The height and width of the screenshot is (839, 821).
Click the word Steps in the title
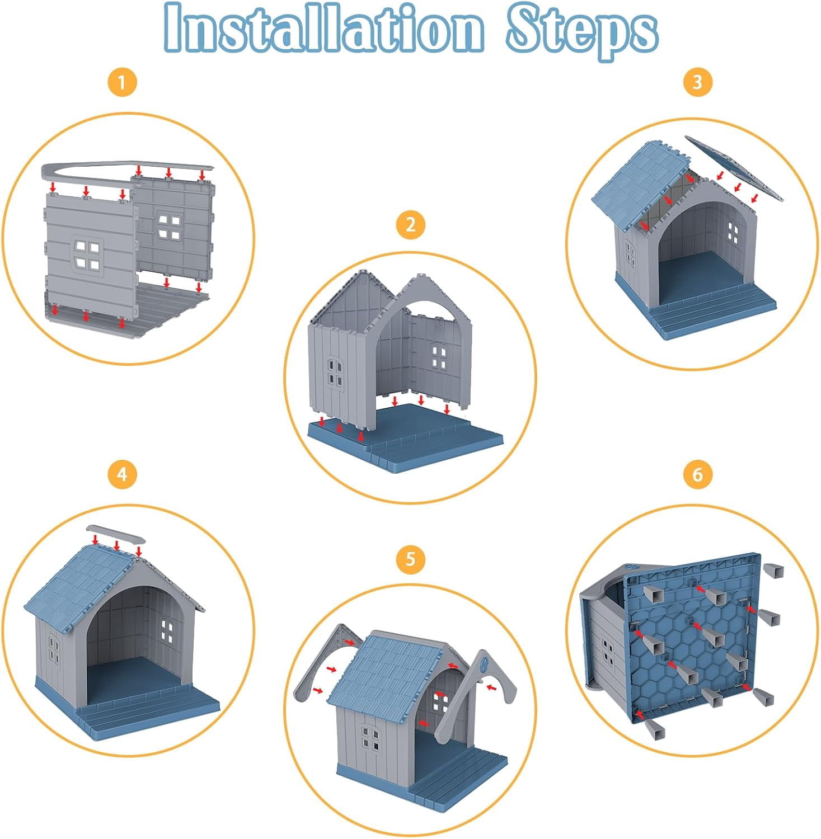click(582, 31)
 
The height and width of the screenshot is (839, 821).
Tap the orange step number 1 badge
click(121, 83)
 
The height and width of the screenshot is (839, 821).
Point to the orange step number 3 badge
click(697, 82)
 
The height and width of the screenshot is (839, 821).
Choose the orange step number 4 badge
click(121, 474)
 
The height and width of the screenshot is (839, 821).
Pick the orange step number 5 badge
click(410, 559)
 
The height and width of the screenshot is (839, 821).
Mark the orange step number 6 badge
click(697, 474)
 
